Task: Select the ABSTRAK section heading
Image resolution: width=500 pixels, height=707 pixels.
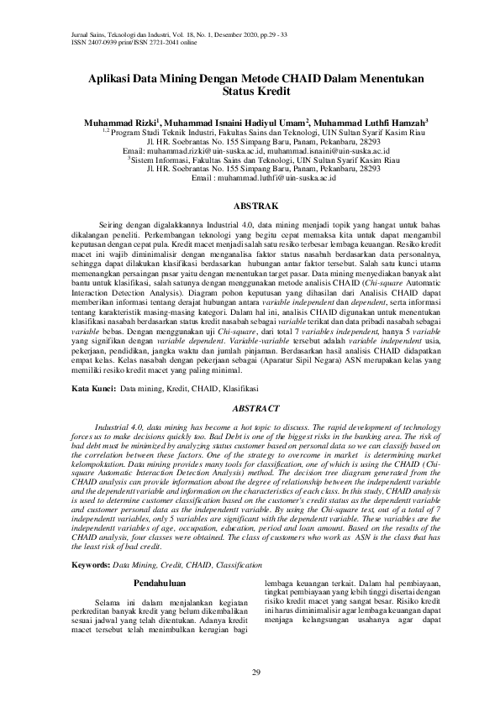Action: click(x=249, y=205)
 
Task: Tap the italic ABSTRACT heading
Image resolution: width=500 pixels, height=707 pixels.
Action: click(x=250, y=408)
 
